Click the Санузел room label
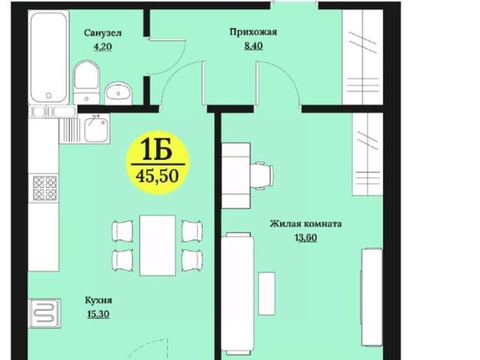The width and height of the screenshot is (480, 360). click(103, 33)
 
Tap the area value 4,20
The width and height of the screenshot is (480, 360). click(101, 46)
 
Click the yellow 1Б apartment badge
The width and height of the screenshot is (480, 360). click(158, 151)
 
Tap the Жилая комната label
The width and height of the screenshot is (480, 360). click(306, 223)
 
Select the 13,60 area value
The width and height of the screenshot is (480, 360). click(306, 237)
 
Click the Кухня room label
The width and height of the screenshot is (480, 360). click(98, 300)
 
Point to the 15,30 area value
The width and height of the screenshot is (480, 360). click(98, 314)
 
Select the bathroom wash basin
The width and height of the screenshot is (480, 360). click(118, 91)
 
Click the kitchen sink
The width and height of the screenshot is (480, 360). click(95, 129)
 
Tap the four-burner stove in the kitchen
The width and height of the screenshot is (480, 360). click(45, 187)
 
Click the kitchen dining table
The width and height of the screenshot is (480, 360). click(157, 244)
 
